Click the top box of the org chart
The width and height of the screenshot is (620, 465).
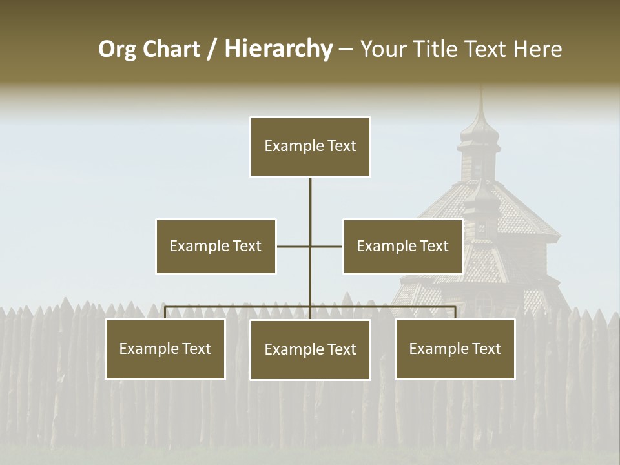click(x=310, y=147)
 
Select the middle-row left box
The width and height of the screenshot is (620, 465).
click(x=216, y=246)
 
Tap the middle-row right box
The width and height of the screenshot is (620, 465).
click(x=402, y=246)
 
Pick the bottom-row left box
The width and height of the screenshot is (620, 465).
click(x=165, y=349)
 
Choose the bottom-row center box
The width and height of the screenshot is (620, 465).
click(x=310, y=349)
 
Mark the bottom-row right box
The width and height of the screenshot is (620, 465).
click(x=455, y=349)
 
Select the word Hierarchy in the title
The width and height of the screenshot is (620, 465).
click(x=278, y=49)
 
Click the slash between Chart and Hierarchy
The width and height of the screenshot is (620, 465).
click(x=212, y=49)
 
